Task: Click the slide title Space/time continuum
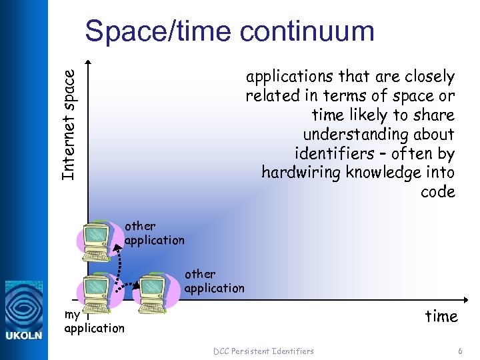[x=229, y=31]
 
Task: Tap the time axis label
[x=441, y=316]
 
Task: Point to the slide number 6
[x=460, y=351]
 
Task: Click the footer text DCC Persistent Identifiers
[x=263, y=351]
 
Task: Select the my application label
[x=94, y=321]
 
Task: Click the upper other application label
[x=154, y=233]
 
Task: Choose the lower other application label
[x=214, y=281]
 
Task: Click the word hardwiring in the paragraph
[x=297, y=173]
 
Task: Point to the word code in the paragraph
[x=438, y=192]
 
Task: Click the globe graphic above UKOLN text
[x=24, y=304]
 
